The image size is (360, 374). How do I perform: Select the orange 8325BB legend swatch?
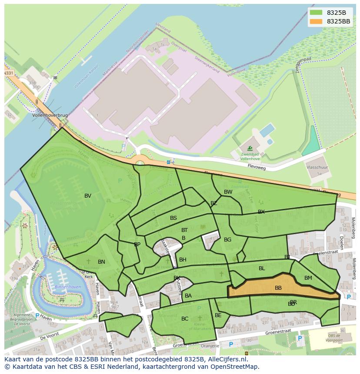tap(317, 21)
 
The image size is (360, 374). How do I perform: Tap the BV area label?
tap(88, 196)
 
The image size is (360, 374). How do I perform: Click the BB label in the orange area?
tap(278, 288)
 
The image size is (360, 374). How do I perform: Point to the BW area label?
tap(228, 192)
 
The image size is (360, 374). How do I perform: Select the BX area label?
tap(261, 212)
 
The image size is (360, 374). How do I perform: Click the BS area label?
tap(173, 218)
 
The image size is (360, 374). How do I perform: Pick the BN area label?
tap(101, 262)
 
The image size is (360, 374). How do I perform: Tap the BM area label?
tap(308, 278)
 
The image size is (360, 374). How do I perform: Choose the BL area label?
tap(262, 268)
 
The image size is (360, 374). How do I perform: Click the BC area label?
tap(185, 319)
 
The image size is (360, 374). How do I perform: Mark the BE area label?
tap(218, 315)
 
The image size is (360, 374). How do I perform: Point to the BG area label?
tap(227, 240)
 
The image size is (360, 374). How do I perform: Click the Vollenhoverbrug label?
tap(50, 116)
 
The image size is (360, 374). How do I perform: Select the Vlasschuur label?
tap(317, 167)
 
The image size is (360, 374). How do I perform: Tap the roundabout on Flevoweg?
tap(140, 164)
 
